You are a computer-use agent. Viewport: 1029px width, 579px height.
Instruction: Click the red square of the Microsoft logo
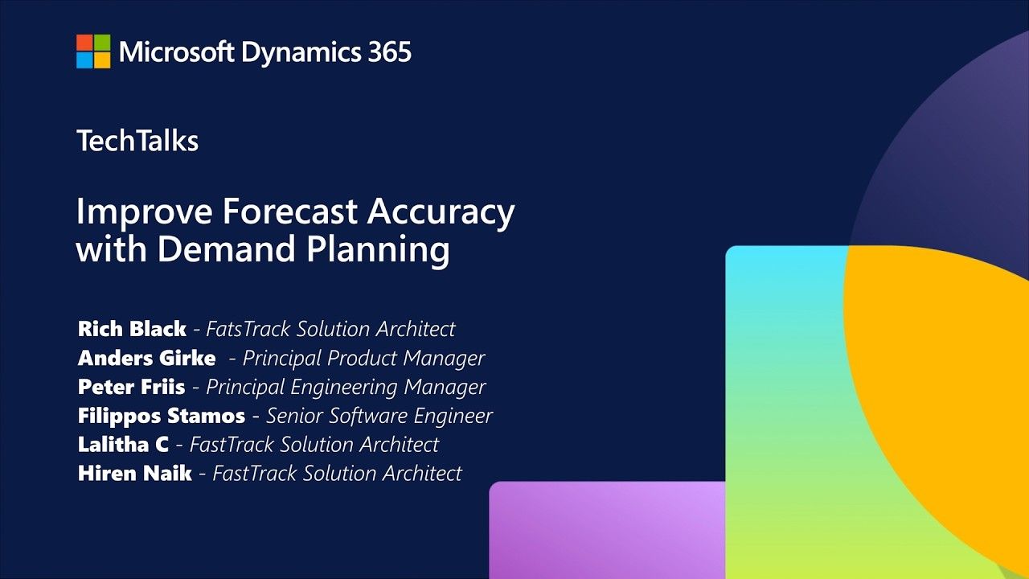click(x=84, y=43)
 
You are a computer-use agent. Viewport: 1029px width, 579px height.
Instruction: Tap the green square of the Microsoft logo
click(x=102, y=43)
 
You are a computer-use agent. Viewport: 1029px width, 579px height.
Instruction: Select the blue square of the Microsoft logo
click(x=84, y=60)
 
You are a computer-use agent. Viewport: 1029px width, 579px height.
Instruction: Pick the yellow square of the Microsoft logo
click(x=102, y=60)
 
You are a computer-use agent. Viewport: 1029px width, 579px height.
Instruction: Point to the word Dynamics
click(x=301, y=52)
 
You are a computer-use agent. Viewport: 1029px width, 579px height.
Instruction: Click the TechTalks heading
click(x=137, y=140)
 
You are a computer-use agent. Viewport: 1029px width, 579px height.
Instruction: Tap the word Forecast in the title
click(x=290, y=211)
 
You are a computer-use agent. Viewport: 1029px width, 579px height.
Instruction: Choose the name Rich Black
click(x=132, y=329)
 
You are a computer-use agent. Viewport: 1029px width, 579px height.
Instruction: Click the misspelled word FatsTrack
click(x=248, y=329)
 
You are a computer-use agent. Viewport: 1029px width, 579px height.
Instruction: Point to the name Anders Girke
click(x=146, y=358)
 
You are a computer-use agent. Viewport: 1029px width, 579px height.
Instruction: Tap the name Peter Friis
click(x=131, y=387)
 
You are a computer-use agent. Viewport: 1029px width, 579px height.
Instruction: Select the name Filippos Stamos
click(x=162, y=417)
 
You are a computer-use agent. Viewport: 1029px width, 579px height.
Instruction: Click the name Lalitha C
click(x=123, y=445)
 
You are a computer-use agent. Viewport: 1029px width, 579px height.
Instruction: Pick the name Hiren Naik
click(x=134, y=474)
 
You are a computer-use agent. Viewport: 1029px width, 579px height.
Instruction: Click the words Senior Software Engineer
click(x=379, y=417)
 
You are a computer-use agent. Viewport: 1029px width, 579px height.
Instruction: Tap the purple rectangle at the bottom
click(x=607, y=530)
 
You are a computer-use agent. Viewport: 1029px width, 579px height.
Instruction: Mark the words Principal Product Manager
click(x=363, y=359)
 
